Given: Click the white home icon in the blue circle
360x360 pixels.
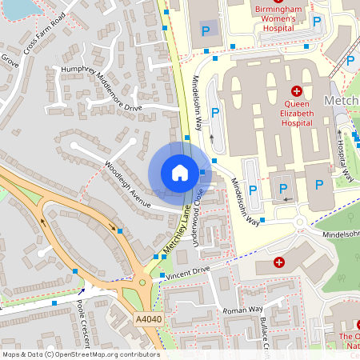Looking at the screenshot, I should coord(179,173).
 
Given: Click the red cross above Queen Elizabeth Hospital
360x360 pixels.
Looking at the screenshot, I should coord(296,91).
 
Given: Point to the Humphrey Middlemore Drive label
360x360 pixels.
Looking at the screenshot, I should coord(101,87).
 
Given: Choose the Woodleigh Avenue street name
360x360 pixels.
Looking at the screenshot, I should coord(127,185).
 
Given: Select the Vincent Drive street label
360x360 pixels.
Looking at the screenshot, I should coord(190,274).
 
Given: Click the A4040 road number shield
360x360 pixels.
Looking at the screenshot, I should coord(148,318).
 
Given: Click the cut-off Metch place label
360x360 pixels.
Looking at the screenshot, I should coord(342,101).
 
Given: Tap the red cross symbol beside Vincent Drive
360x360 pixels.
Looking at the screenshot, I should coord(279,262).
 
